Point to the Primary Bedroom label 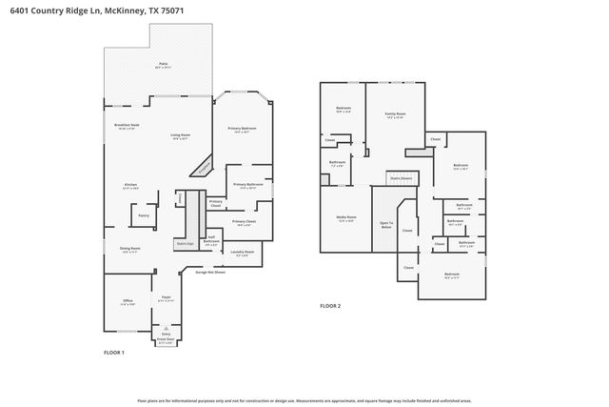(x=242, y=129)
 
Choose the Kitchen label (x=130, y=186)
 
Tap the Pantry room (x=143, y=216)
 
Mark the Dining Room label (x=129, y=250)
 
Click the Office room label (x=128, y=301)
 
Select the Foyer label (x=165, y=298)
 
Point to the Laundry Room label (x=242, y=253)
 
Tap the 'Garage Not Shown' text (x=210, y=273)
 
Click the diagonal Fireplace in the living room (x=204, y=169)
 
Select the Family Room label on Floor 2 (x=394, y=114)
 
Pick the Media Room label (x=347, y=218)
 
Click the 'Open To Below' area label (x=385, y=225)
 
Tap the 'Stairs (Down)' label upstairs (x=401, y=178)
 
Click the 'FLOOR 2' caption (x=330, y=306)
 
